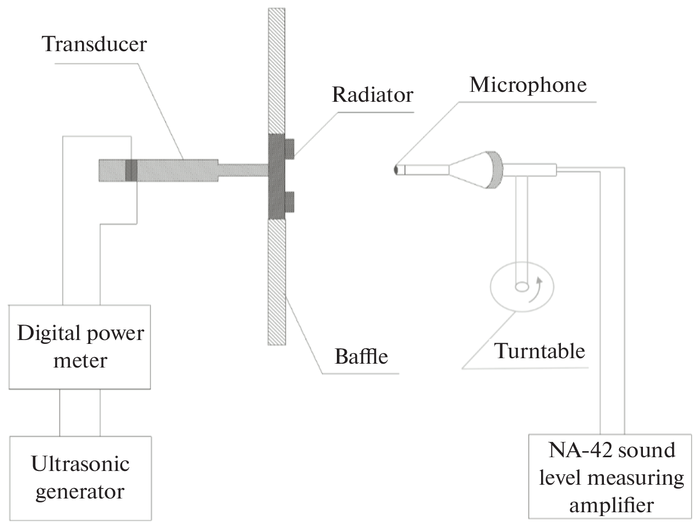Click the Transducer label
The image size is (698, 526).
coord(95,44)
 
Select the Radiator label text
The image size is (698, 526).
coord(372,95)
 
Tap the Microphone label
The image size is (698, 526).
coord(527,85)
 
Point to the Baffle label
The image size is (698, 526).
coord(361,356)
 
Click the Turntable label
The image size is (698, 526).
coord(539,350)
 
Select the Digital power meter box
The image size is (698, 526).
coord(80,347)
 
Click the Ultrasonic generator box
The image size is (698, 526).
coord(80,478)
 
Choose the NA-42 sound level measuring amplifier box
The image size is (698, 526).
coord(610,476)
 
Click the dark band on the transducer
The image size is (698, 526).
coord(130,170)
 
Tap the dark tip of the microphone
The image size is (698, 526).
coord(396,170)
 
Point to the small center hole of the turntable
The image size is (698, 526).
coord(521,286)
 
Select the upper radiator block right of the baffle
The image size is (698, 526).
coord(289,147)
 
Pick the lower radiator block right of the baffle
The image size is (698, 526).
coord(289,201)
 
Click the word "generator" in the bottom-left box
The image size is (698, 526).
coord(80,491)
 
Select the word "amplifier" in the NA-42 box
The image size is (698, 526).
coord(611,504)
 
